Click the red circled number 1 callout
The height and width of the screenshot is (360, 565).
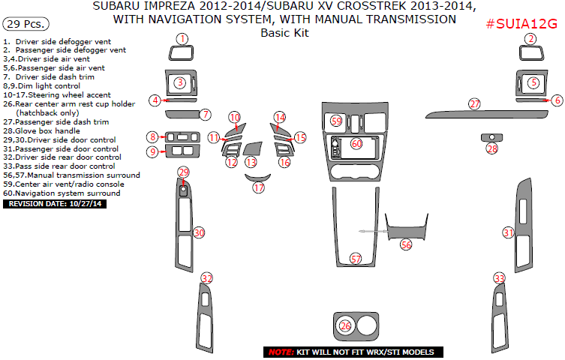182,39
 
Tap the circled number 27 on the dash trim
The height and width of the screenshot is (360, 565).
474,103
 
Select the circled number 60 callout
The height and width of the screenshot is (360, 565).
356,142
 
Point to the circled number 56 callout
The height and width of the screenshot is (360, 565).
406,244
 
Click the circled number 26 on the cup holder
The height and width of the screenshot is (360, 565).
345,325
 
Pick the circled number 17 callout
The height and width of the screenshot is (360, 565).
259,187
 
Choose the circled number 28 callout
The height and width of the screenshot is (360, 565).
491,148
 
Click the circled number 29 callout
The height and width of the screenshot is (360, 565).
183,172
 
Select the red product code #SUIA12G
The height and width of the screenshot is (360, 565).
521,24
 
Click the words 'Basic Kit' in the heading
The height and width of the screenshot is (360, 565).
284,33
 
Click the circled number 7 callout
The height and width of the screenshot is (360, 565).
205,114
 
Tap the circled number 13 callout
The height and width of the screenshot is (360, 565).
251,161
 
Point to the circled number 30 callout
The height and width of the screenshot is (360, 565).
199,233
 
